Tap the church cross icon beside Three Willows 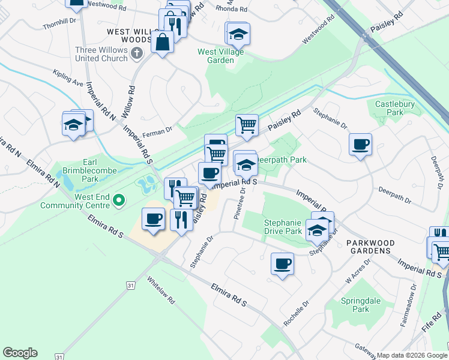tap(137, 54)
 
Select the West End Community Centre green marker tap(119, 200)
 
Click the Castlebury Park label tap(394, 108)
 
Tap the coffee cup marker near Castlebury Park tap(360, 145)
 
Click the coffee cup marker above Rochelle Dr tap(282, 263)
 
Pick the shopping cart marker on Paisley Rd tap(247, 125)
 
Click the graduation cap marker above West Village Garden tap(238, 34)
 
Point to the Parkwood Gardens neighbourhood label tap(370, 247)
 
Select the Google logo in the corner tap(20, 353)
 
